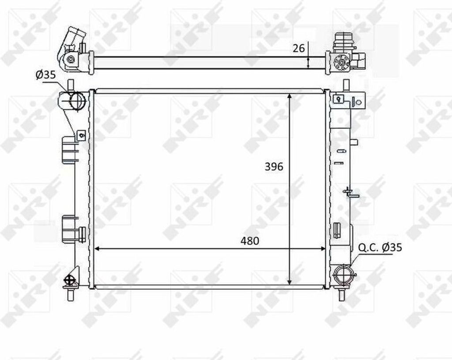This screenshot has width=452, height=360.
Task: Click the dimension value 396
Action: tap(274, 167)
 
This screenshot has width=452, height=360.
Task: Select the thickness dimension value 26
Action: tap(299, 48)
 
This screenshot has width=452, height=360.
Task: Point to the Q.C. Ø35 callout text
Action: tap(380, 248)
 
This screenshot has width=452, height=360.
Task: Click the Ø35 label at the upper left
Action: tap(45, 75)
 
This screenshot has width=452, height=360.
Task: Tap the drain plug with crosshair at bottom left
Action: tap(70, 280)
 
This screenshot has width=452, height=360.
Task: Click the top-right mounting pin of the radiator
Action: tap(346, 85)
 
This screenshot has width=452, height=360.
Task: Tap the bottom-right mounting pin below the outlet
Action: tap(343, 294)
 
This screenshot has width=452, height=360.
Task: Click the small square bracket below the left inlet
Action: tap(80, 136)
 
